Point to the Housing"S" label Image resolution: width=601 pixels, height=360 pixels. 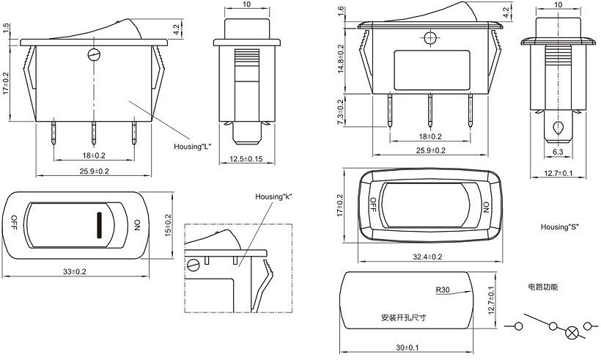[559, 227]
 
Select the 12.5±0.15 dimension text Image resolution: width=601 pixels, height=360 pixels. [246, 160]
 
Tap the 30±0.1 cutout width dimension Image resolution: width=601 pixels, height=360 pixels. [408, 347]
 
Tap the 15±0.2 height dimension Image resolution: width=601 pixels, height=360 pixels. [167, 225]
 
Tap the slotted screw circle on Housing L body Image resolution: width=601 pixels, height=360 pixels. [93, 54]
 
